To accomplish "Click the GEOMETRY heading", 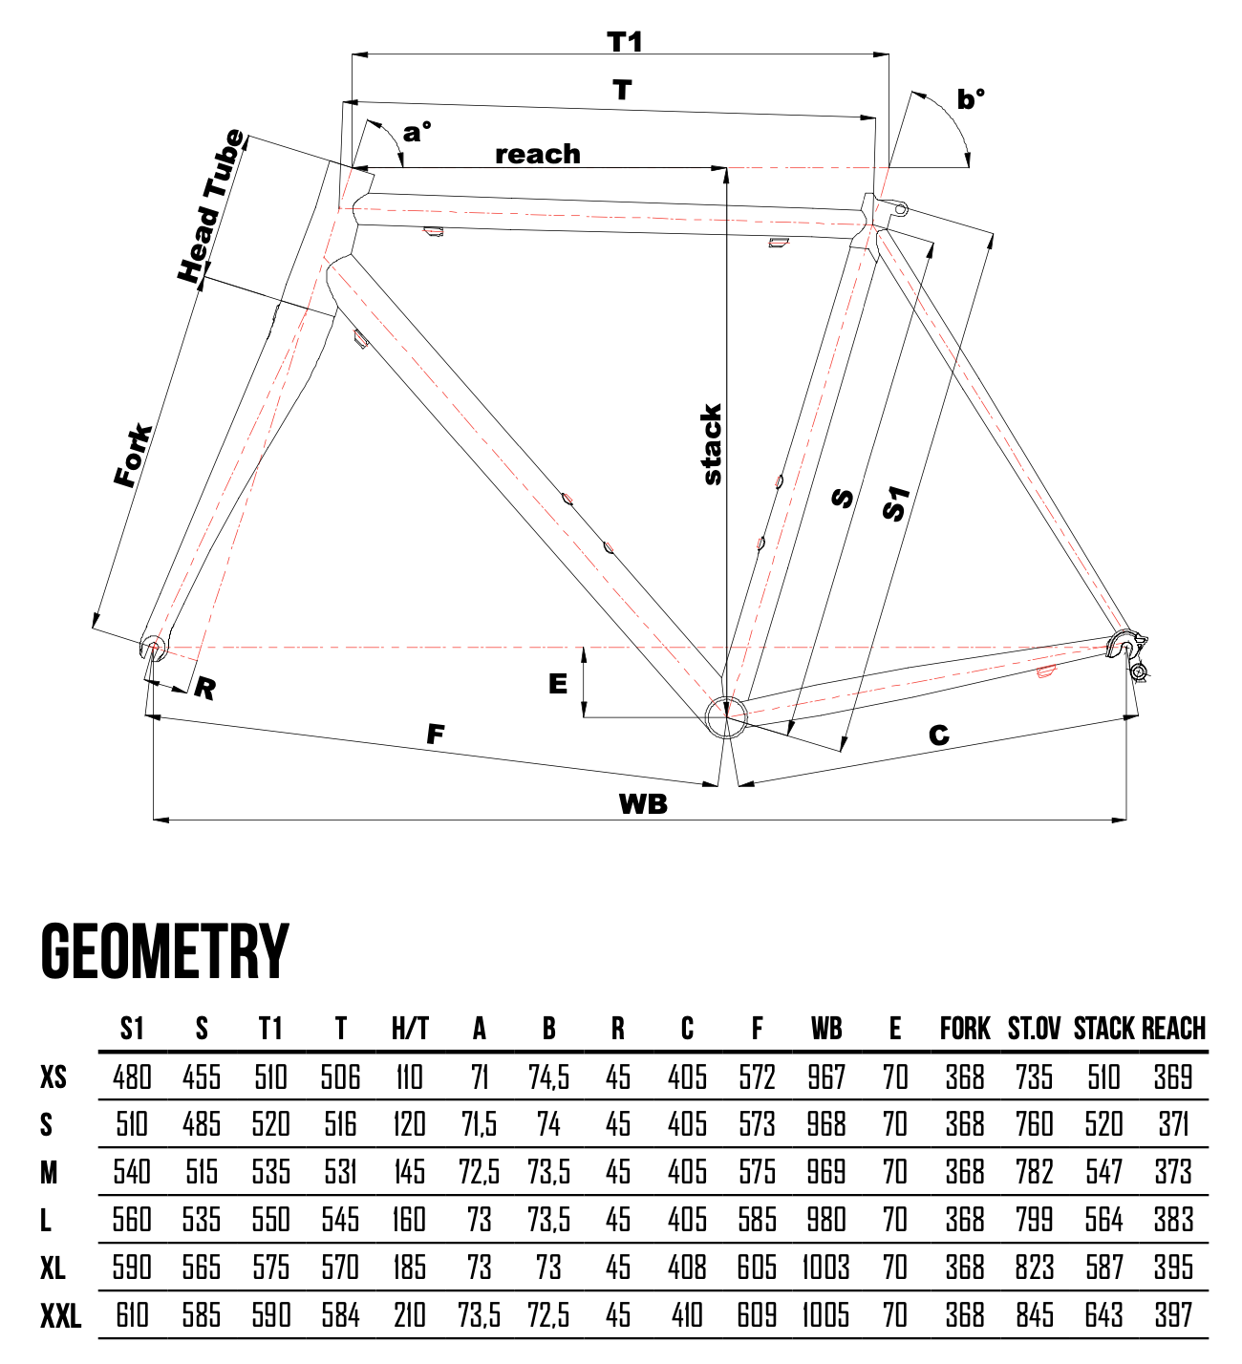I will click(164, 951).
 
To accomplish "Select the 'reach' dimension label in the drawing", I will click(538, 154).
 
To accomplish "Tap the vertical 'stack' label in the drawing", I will click(712, 444).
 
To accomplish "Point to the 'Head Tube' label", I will click(211, 206).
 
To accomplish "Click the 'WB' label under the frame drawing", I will click(643, 803).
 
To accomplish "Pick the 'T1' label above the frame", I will click(625, 42).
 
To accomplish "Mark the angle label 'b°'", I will click(971, 99).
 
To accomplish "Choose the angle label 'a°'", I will click(417, 132).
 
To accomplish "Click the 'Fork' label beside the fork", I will click(133, 456).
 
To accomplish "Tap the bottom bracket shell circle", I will click(726, 716).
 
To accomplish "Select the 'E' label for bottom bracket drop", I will click(558, 684).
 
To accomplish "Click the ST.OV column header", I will click(1034, 1029).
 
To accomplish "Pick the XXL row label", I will click(60, 1317).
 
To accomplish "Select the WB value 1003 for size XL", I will click(825, 1268).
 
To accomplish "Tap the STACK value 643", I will click(1103, 1315).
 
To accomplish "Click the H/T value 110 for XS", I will click(410, 1077).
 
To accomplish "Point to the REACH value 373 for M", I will click(1173, 1172).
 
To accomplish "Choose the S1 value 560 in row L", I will click(132, 1220).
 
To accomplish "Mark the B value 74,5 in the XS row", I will click(548, 1077).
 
